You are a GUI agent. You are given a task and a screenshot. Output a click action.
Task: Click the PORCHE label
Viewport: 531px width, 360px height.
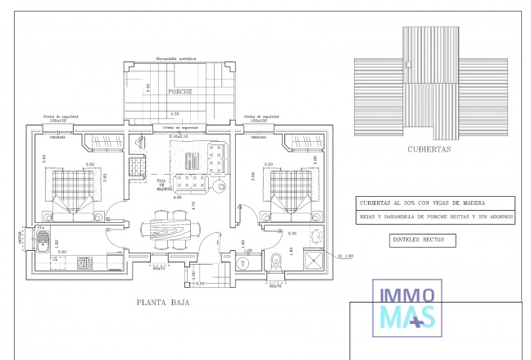click(x=179, y=92)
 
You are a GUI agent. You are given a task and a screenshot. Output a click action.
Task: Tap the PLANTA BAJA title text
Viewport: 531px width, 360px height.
click(x=164, y=303)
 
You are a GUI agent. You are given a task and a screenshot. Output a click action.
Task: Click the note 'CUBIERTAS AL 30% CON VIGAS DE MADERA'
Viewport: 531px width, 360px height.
click(x=422, y=203)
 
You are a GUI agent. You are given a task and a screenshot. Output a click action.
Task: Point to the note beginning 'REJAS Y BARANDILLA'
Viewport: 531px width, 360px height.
click(x=436, y=217)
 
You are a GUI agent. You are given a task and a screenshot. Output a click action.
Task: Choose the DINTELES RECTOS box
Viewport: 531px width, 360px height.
click(x=418, y=240)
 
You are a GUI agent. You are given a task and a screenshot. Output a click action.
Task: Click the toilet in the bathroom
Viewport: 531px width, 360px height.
click(x=276, y=262)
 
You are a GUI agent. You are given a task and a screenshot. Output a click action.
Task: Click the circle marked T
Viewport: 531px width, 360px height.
click(x=243, y=264)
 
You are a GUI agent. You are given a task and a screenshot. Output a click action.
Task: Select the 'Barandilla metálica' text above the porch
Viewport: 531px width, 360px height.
click(x=179, y=60)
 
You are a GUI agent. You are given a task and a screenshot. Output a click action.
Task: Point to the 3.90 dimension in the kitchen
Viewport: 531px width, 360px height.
click(x=61, y=253)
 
